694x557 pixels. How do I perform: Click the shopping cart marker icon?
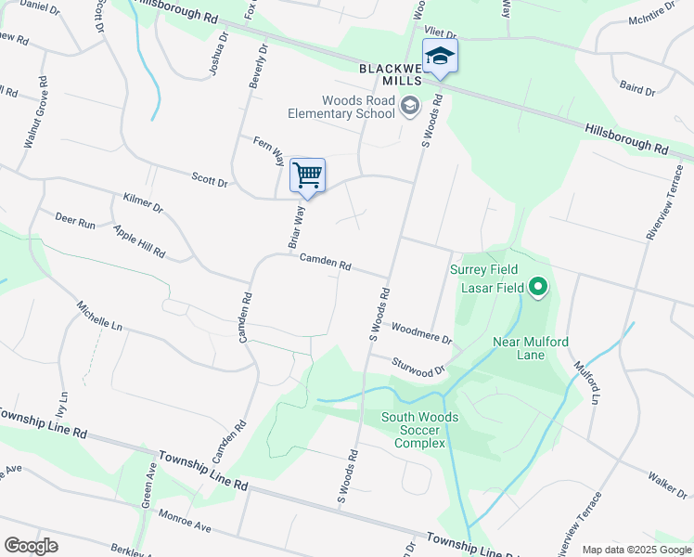(307, 175)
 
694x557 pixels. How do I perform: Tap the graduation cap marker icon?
(440, 57)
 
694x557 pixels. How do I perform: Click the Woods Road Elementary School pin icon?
(409, 108)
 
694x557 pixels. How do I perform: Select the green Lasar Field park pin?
(538, 288)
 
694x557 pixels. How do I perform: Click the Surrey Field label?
(481, 270)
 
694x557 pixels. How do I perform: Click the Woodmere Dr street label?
(421, 332)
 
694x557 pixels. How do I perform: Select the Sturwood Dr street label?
(419, 366)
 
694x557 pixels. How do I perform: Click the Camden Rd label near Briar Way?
(324, 264)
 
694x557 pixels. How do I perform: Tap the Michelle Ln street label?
(100, 317)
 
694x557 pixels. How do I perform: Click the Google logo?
(32, 546)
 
